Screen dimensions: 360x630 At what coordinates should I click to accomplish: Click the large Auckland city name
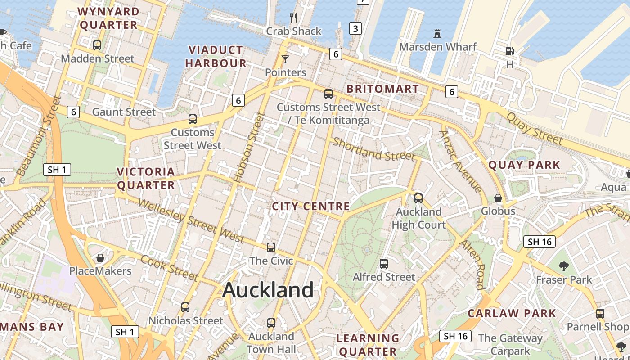tap(268, 290)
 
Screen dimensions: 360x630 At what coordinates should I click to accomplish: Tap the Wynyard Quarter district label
tap(108, 18)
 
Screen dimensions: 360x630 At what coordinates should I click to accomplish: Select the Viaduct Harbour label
tap(216, 57)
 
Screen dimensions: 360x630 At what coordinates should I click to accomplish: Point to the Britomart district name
tap(383, 89)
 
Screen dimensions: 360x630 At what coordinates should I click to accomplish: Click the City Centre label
tap(311, 206)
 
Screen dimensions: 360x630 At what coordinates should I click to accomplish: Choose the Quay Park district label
tap(524, 165)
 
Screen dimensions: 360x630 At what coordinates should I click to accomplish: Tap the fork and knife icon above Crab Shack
tap(293, 18)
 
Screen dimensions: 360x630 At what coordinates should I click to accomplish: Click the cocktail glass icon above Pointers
tap(285, 59)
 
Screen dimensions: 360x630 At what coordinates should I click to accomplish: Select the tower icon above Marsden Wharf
tap(437, 33)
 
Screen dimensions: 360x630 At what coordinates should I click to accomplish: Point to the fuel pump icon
tap(509, 52)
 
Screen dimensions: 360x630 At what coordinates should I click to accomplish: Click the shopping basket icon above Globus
tap(498, 198)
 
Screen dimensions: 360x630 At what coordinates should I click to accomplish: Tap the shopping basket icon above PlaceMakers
tap(100, 258)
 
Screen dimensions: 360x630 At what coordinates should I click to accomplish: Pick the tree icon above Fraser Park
tap(563, 266)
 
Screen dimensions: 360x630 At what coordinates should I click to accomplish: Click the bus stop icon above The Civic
tap(271, 247)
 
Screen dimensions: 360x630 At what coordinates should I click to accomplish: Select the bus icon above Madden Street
tap(97, 45)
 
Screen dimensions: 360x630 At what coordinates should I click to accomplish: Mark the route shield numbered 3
tap(355, 29)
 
